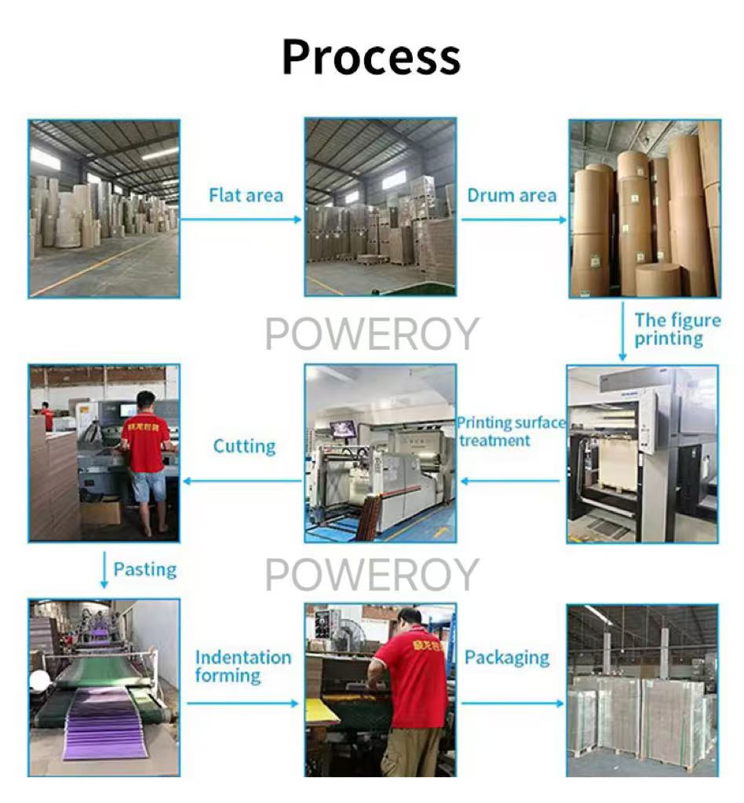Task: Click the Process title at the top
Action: click(371, 57)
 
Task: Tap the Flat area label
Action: click(246, 195)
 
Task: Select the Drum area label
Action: click(512, 195)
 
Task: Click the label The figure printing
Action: click(677, 329)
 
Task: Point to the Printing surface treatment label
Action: click(512, 431)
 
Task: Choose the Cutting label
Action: click(244, 446)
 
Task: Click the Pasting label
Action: click(145, 569)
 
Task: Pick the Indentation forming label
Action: click(243, 667)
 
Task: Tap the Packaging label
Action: click(507, 658)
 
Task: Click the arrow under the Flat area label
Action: click(242, 220)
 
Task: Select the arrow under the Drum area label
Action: click(514, 220)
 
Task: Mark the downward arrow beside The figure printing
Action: click(622, 332)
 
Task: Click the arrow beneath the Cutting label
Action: click(243, 481)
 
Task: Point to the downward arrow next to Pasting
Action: click(104, 570)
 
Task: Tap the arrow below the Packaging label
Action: click(513, 703)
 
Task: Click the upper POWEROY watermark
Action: click(372, 333)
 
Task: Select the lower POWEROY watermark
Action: click(372, 574)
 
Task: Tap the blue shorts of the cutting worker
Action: click(149, 486)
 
